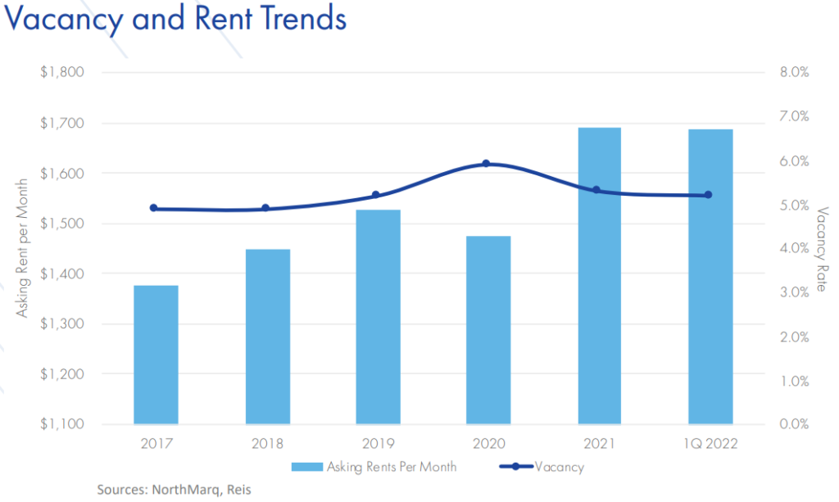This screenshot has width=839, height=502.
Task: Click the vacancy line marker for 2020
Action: pyautogui.click(x=486, y=164)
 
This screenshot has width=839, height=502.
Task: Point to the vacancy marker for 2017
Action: pyautogui.click(x=154, y=208)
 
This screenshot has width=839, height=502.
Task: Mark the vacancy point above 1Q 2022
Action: pyautogui.click(x=708, y=195)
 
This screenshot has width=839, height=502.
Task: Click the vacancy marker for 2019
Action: pyautogui.click(x=376, y=195)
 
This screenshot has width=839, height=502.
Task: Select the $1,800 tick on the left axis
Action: pyautogui.click(x=62, y=72)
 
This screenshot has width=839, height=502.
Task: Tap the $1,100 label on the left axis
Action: pyautogui.click(x=62, y=424)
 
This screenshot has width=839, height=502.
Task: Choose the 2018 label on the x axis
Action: pyautogui.click(x=267, y=445)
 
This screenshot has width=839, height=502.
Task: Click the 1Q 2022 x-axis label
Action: pyautogui.click(x=710, y=445)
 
